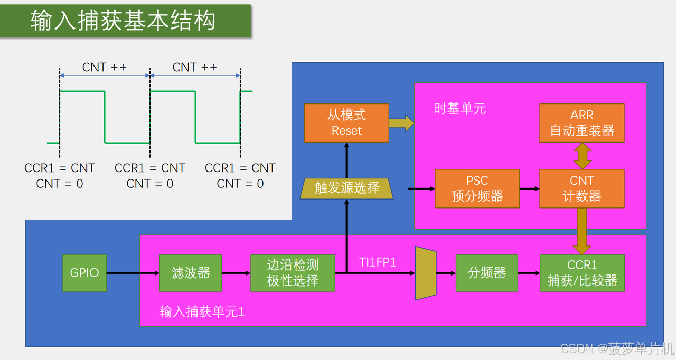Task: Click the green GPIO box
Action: click(x=84, y=273)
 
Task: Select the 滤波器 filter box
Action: click(x=191, y=273)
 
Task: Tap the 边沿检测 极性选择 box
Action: click(x=293, y=273)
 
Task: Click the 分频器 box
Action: click(x=486, y=273)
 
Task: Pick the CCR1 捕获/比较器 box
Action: click(x=582, y=273)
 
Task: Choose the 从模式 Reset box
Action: click(x=346, y=122)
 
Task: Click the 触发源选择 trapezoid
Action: click(x=346, y=188)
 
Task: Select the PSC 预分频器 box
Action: click(x=477, y=188)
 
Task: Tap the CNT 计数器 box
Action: click(x=582, y=188)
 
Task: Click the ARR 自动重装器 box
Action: click(x=582, y=122)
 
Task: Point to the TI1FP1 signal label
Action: click(x=378, y=262)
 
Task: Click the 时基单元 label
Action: click(x=460, y=109)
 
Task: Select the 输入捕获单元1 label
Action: click(x=202, y=311)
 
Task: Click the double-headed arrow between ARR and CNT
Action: click(x=582, y=156)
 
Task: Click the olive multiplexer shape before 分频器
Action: click(x=426, y=273)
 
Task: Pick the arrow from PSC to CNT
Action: click(x=529, y=188)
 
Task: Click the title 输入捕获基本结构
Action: click(x=124, y=21)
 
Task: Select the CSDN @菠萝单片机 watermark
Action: click(x=617, y=348)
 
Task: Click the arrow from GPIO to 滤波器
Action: click(x=133, y=273)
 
